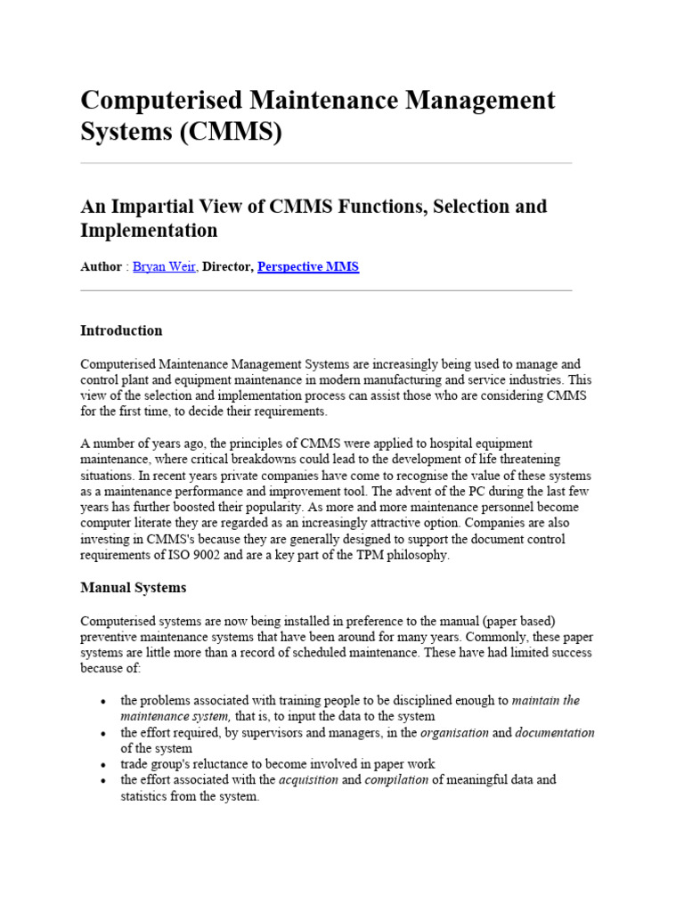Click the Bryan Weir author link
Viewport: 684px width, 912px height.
point(164,266)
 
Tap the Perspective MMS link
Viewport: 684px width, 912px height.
point(308,266)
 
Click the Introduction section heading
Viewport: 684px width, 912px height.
point(121,330)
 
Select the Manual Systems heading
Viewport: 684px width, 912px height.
point(134,588)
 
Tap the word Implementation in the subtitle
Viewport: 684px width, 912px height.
point(149,231)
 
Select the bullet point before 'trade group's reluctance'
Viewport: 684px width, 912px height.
point(106,765)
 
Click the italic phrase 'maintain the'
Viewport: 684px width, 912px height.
point(546,701)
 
